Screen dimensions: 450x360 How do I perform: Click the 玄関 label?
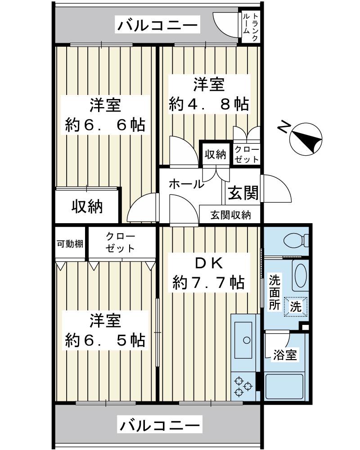click(243, 193)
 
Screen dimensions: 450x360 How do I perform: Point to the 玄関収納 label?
click(230, 215)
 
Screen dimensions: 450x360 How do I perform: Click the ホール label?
click(186, 184)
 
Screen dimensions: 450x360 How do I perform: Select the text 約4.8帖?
click(209, 104)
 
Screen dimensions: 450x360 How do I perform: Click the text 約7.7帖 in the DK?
click(209, 283)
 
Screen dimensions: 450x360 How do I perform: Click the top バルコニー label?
click(157, 26)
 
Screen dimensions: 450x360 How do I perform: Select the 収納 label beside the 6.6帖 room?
click(87, 207)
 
